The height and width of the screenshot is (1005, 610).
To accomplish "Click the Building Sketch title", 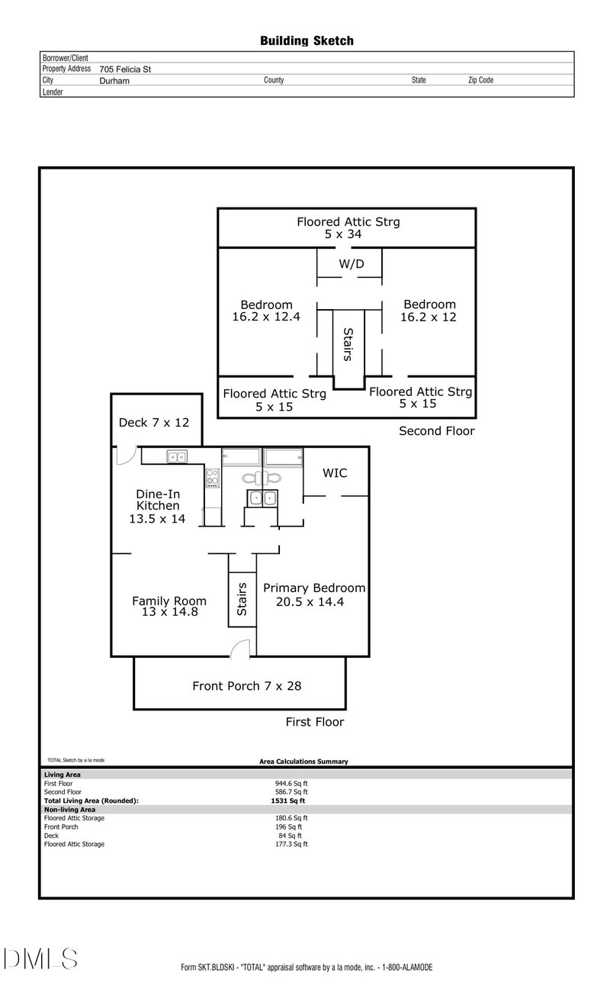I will (x=307, y=40).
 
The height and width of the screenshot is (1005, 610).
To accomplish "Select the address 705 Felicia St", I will (x=125, y=69).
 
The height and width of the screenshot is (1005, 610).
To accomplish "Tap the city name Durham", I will (x=114, y=80).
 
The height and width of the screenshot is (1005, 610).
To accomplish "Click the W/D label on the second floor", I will (x=350, y=264).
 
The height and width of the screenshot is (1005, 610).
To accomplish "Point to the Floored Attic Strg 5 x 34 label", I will (x=348, y=228).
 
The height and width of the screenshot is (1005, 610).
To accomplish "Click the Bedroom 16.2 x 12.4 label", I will (x=266, y=311).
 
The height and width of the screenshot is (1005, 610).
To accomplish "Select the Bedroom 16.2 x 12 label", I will (x=429, y=311).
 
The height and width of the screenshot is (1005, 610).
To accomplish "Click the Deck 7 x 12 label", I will (x=154, y=422).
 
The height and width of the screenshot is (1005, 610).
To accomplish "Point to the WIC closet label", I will (x=335, y=473).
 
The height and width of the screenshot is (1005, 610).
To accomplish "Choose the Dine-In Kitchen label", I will (x=158, y=505).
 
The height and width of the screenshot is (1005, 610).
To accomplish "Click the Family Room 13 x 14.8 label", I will (x=169, y=606).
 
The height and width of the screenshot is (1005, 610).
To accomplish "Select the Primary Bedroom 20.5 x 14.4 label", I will (x=313, y=594).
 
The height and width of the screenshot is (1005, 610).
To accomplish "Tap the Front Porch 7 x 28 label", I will (x=246, y=686).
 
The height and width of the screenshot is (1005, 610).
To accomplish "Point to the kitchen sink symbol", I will (x=178, y=457).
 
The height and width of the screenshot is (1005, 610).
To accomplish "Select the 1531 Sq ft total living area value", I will (x=288, y=800).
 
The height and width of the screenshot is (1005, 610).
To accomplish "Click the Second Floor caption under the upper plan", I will (x=437, y=431).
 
